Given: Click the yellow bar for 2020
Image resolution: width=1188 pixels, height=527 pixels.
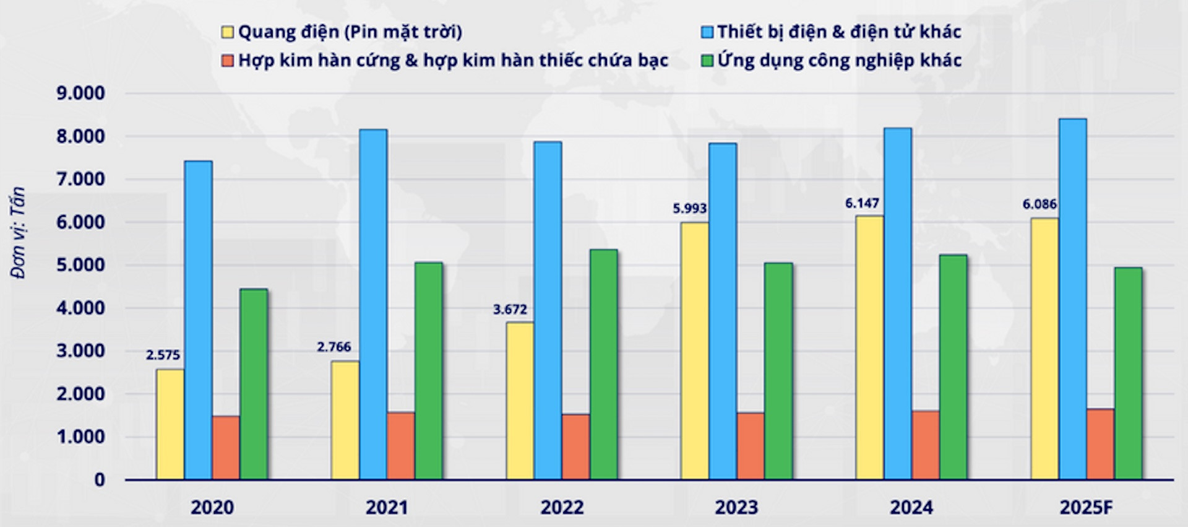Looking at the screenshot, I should pos(170,424).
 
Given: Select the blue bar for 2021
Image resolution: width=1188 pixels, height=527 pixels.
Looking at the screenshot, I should pos(373,304).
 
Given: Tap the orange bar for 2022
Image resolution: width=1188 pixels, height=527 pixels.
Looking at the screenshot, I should pos(575,446).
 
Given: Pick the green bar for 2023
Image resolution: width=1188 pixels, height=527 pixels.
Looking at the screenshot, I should pos(778,371).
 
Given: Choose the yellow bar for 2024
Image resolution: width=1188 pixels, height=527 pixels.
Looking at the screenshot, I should pos(869,347).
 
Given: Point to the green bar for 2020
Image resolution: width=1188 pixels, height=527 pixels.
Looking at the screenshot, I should pos(254,384).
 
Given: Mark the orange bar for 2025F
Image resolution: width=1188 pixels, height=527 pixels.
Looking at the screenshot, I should pos(1100,444).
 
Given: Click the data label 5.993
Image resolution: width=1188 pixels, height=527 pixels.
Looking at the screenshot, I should pos(690,209).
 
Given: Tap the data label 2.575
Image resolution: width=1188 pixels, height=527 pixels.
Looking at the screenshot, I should pos(163,355).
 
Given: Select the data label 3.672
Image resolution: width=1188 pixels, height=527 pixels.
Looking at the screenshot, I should pos(510,309).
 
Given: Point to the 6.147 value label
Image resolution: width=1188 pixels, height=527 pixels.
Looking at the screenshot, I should pos(862,203).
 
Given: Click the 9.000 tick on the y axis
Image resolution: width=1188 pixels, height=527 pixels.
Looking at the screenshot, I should pos(80,94).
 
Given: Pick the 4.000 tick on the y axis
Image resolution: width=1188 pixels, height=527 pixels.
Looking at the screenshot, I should pos(80,308).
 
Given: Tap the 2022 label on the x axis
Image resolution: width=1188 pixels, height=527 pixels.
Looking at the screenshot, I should pos(562,508).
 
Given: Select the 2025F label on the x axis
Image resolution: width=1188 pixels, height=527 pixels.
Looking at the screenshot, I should pos(1086,508).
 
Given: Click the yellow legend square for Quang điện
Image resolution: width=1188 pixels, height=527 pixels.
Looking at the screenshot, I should pos(228,32).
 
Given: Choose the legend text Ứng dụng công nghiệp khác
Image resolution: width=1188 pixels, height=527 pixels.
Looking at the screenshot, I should pos(840,61).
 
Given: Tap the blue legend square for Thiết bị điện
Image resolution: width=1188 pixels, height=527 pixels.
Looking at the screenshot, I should pos(707,32).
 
